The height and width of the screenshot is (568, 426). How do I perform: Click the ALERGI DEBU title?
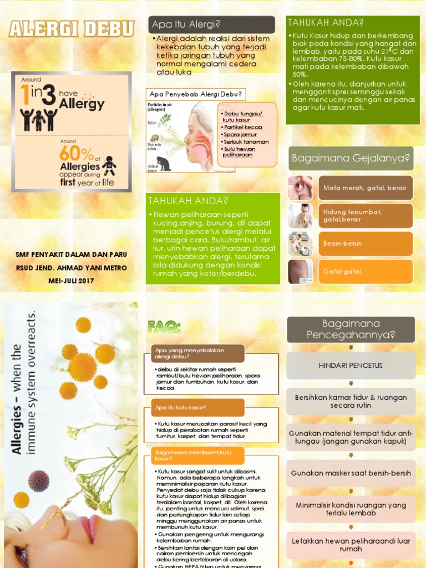[x=71, y=29]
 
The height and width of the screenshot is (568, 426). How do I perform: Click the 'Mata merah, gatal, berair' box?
[x=365, y=188]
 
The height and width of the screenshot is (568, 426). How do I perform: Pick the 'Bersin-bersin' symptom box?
[x=365, y=244]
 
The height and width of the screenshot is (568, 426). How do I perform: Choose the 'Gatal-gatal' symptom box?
[x=365, y=271]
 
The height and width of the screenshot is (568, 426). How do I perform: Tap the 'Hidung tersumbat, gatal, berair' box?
[x=365, y=216]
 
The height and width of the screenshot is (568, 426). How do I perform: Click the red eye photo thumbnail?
[x=300, y=188]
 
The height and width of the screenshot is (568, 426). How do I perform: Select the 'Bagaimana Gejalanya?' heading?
[x=351, y=159]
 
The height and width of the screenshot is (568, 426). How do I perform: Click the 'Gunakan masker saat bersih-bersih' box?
[x=351, y=473]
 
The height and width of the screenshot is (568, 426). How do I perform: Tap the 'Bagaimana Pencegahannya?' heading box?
[x=351, y=329]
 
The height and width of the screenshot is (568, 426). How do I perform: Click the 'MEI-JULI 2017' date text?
[x=71, y=281]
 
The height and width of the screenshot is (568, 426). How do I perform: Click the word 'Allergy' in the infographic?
[x=82, y=104]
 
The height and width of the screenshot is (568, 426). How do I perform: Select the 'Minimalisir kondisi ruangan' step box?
[x=351, y=509]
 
